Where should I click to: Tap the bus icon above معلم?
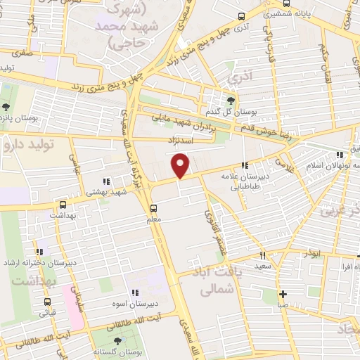tap(153, 207)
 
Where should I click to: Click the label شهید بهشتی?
tap(106, 191)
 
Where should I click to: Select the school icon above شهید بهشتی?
tap(107, 180)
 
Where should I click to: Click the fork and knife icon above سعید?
tap(263, 256)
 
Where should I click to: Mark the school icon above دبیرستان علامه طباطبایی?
tap(244, 165)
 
